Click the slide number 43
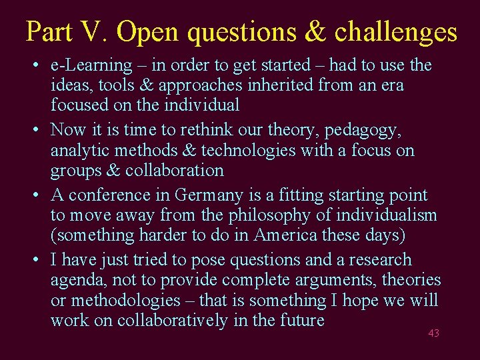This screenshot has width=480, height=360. (x=434, y=333)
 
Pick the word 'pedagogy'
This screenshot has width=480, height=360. (x=371, y=130)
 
